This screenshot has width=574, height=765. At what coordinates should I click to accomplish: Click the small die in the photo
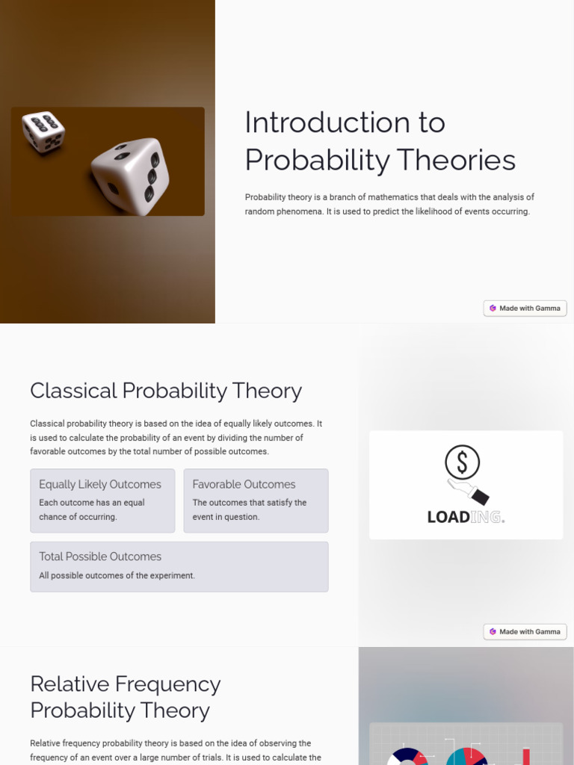tap(43, 131)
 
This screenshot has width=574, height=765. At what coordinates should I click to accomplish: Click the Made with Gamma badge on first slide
tap(525, 308)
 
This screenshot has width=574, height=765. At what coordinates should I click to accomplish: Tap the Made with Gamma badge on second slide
tap(525, 631)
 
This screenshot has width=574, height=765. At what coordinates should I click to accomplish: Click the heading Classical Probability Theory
tap(165, 391)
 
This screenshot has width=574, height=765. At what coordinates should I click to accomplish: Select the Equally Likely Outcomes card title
tap(100, 484)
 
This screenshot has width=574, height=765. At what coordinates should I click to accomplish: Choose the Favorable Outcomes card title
tap(244, 484)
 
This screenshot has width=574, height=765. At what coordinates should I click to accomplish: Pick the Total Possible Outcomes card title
tap(100, 557)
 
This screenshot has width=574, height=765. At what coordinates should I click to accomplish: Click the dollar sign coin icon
tap(462, 463)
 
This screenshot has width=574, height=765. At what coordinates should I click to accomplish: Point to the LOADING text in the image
tap(465, 517)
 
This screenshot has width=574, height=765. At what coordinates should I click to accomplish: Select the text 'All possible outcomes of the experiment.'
tap(117, 576)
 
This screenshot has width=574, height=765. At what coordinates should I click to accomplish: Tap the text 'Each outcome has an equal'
tap(92, 503)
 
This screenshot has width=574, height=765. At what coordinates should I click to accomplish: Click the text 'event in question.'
tap(226, 517)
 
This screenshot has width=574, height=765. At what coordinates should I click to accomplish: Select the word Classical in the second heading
tap(73, 391)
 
